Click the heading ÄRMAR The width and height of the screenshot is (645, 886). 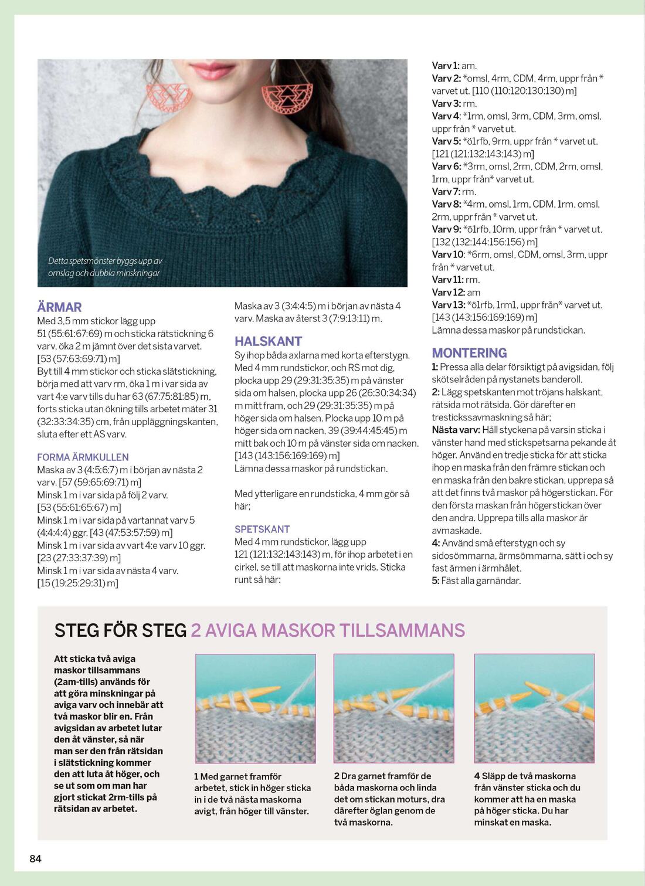pos(59,307)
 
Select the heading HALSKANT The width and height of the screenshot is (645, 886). pos(268,341)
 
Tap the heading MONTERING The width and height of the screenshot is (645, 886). pos(469,353)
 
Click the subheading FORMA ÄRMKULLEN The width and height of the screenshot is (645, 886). pos(83,457)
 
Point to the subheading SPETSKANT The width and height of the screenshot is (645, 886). pos(262,529)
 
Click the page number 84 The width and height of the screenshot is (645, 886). pos(35,858)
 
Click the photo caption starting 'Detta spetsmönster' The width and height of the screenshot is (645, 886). pos(105,267)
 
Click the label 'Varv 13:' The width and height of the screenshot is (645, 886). pos(449,305)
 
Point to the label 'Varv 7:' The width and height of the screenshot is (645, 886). pos(446,192)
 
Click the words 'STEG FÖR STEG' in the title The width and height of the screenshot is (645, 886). pos(120,630)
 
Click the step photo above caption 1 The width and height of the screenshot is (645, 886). pos(255,708)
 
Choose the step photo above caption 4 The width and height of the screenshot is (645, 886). pos(534,708)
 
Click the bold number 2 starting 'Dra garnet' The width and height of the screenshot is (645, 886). pos(337,776)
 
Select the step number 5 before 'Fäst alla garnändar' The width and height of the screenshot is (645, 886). pos(435,581)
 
